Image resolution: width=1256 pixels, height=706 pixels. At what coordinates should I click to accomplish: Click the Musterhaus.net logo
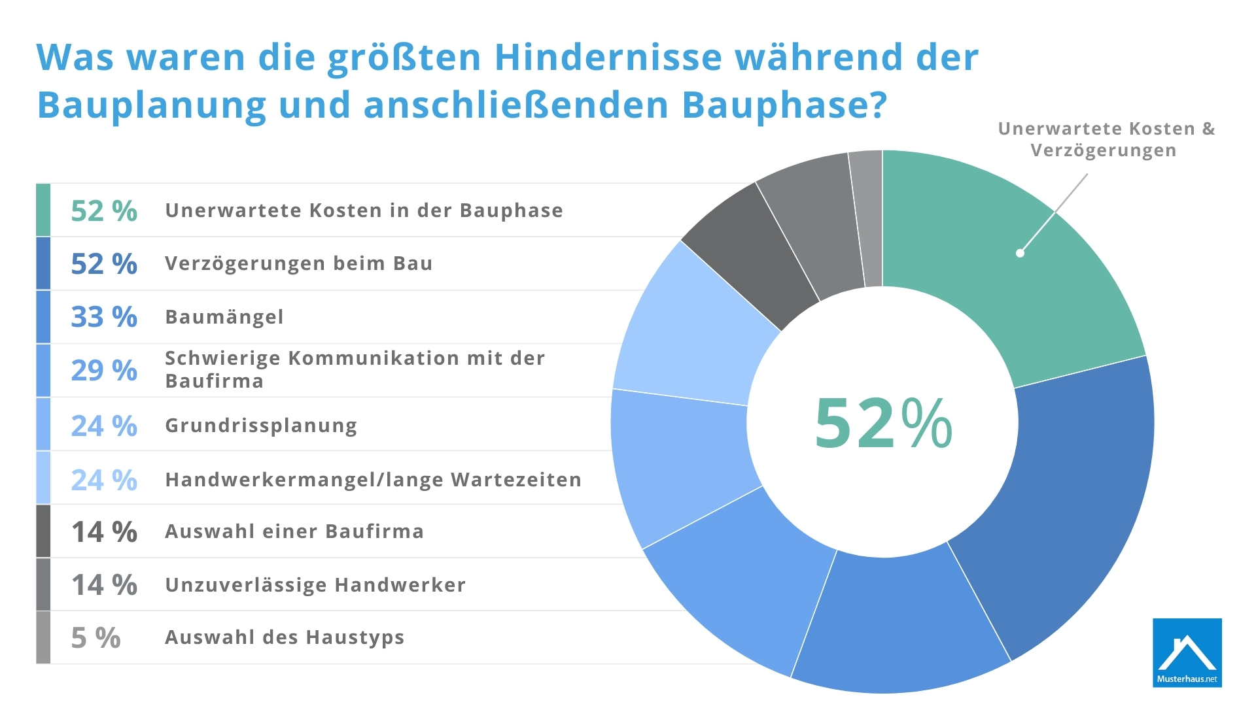tap(1187, 652)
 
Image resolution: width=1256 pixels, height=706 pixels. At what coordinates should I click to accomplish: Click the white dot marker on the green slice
tap(1020, 253)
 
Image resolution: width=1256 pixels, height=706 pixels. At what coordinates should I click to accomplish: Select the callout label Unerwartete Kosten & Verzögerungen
tap(1106, 139)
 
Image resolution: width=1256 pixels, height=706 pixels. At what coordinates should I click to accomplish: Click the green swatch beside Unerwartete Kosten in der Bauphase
tap(43, 210)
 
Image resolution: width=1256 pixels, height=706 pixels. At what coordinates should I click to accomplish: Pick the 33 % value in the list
tap(104, 317)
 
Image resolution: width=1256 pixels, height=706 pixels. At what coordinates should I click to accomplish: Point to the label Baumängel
tap(224, 317)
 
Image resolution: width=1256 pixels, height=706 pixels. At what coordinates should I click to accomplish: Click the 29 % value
tap(104, 371)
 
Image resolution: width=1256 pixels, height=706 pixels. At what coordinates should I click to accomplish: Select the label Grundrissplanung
tap(261, 426)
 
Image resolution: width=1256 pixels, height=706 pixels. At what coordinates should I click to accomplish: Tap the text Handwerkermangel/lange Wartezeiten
tap(373, 480)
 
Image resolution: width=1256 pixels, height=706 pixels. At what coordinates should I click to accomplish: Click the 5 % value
tap(96, 638)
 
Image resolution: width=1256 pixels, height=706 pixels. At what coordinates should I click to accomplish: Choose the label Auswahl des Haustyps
tap(285, 637)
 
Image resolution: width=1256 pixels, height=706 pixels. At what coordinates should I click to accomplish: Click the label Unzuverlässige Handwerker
tap(315, 585)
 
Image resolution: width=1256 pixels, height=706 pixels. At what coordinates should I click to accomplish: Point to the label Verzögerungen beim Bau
tap(298, 263)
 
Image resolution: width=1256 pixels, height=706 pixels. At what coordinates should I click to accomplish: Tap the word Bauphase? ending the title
tap(784, 105)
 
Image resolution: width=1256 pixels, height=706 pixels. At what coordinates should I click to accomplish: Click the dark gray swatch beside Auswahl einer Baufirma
tap(43, 531)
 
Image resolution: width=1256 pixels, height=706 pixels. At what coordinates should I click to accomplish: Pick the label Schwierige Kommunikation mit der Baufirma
tap(355, 369)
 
